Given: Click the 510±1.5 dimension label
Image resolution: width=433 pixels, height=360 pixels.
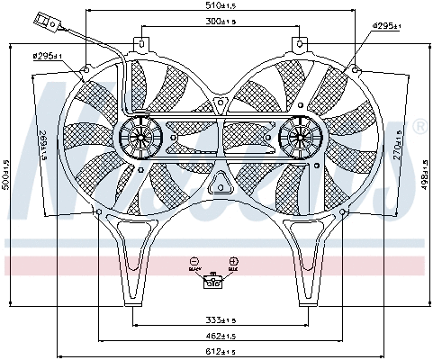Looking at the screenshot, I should click(216, 6).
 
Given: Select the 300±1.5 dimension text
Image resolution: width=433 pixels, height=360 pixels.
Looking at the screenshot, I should click(216, 21).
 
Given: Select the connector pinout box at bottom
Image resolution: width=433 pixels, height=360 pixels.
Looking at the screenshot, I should click(214, 282).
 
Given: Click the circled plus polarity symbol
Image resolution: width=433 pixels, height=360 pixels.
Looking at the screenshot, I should click(233, 259).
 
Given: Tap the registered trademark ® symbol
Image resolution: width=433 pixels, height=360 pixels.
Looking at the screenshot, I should click(419, 128).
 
